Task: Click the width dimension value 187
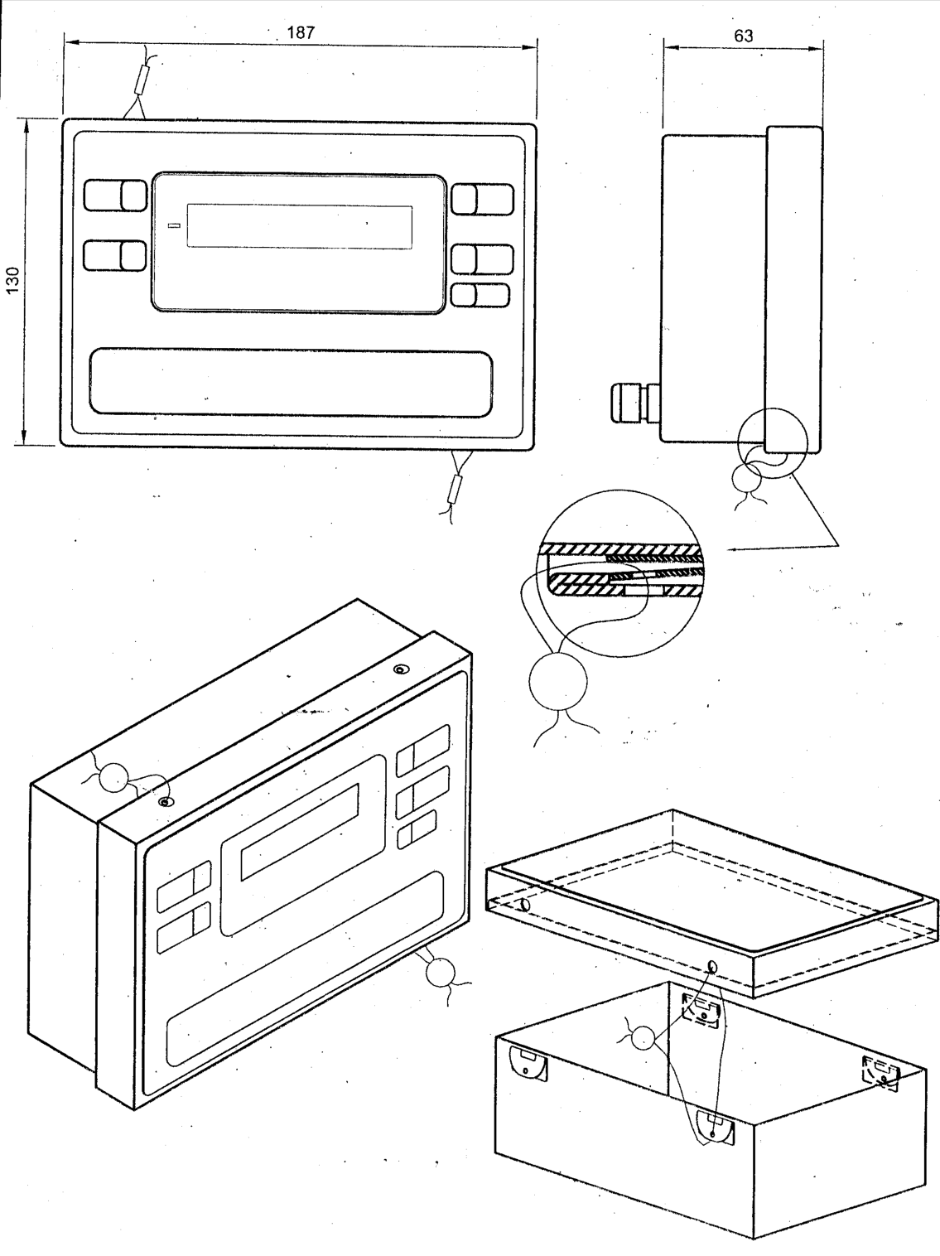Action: coord(301,32)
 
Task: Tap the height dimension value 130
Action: coord(12,280)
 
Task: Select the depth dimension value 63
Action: coord(743,36)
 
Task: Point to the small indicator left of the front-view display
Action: coord(176,225)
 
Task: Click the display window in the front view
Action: coord(300,226)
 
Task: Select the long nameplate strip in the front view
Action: coord(291,382)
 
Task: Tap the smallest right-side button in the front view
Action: coord(480,295)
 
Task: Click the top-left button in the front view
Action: coord(115,196)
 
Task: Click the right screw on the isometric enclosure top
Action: coord(398,669)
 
